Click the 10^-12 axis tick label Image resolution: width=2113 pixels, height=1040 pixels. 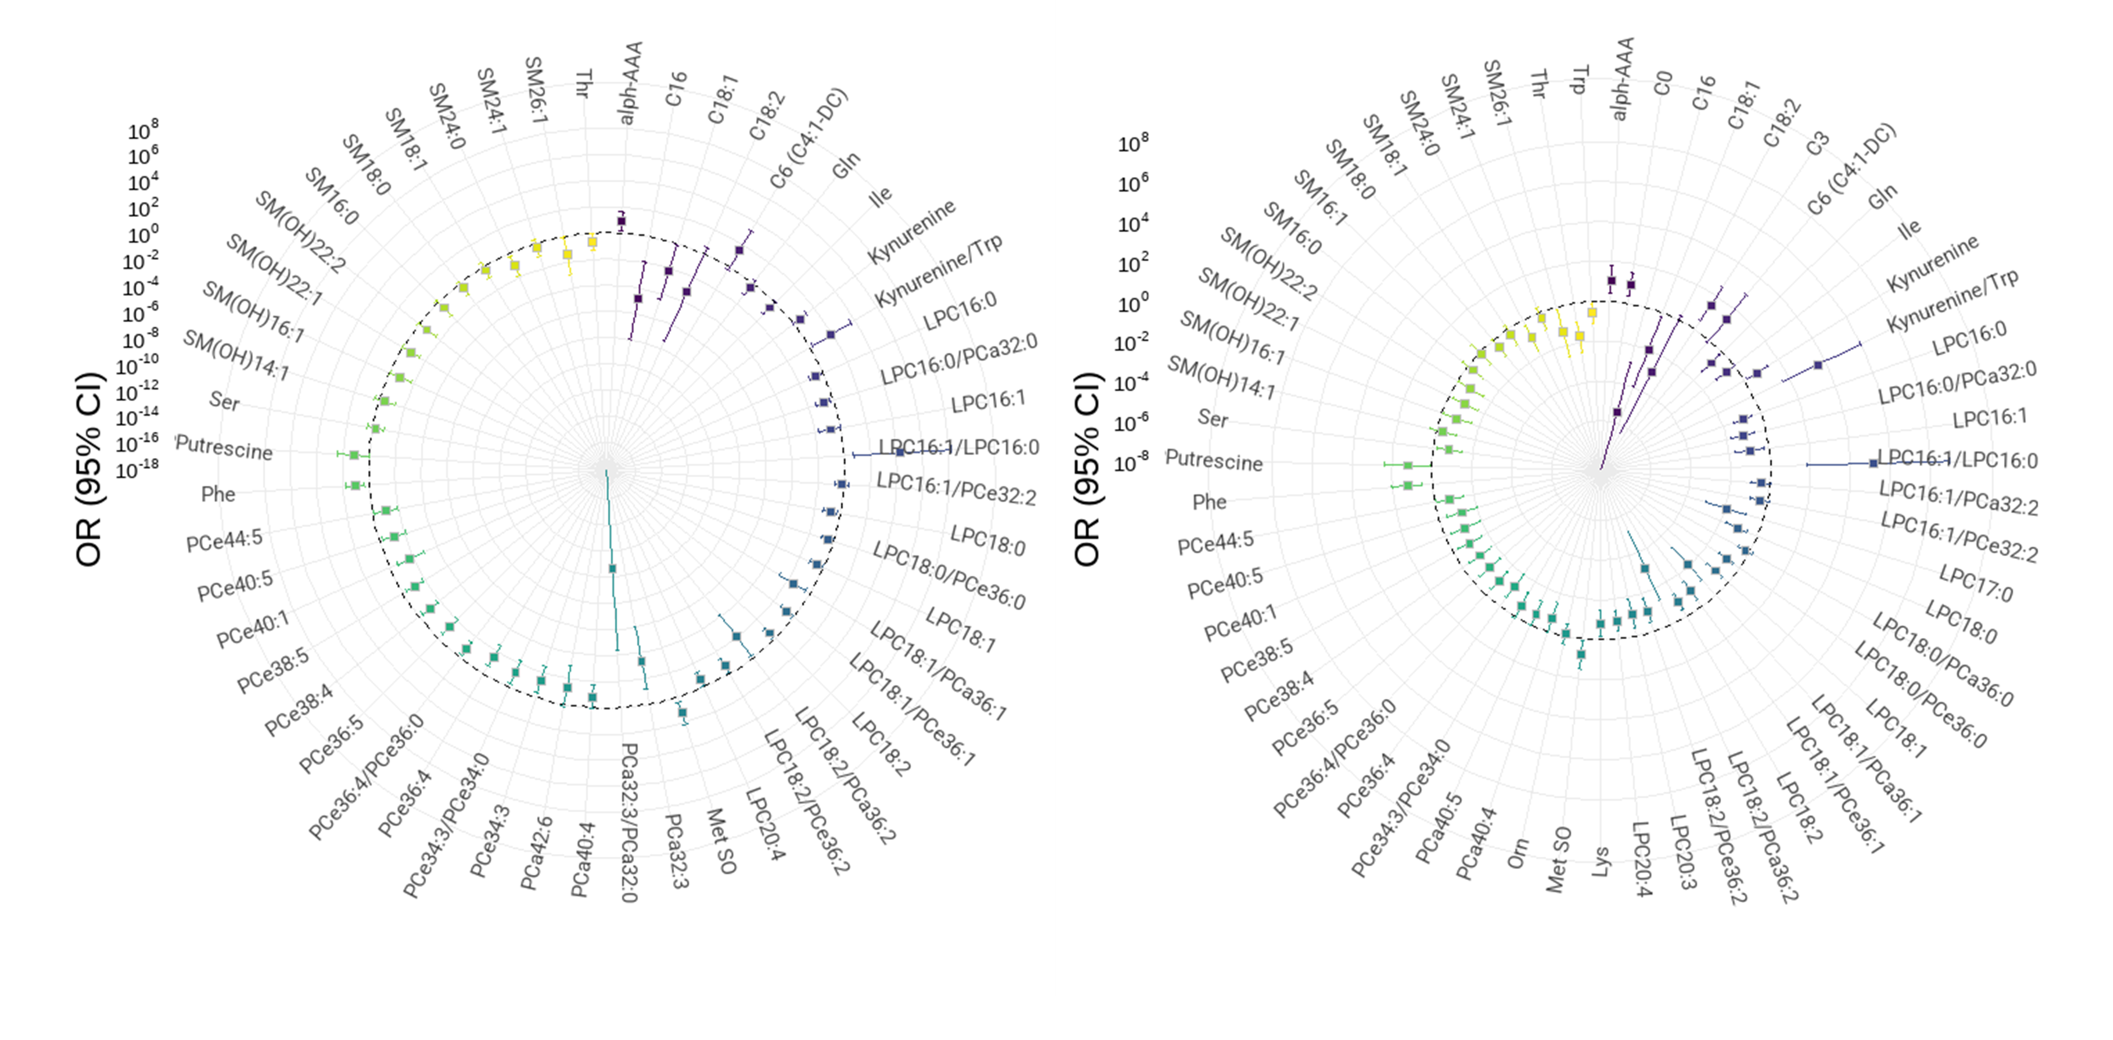(x=137, y=392)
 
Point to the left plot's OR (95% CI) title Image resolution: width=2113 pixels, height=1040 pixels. (x=89, y=469)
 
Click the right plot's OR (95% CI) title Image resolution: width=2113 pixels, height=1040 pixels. (x=1087, y=469)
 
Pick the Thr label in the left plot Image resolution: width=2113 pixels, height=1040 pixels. (x=583, y=84)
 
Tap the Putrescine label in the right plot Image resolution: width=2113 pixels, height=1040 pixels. (x=1214, y=461)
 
